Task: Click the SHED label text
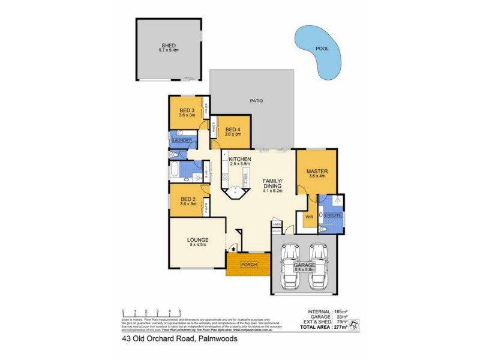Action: click(168, 44)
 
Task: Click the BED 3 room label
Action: click(188, 110)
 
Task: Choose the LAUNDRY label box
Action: click(181, 140)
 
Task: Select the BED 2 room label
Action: click(188, 199)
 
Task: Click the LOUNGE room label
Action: click(198, 240)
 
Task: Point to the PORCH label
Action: click(248, 264)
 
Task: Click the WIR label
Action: click(310, 216)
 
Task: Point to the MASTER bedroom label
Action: click(317, 170)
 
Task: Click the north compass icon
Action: click(354, 326)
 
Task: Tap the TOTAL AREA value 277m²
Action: click(340, 327)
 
